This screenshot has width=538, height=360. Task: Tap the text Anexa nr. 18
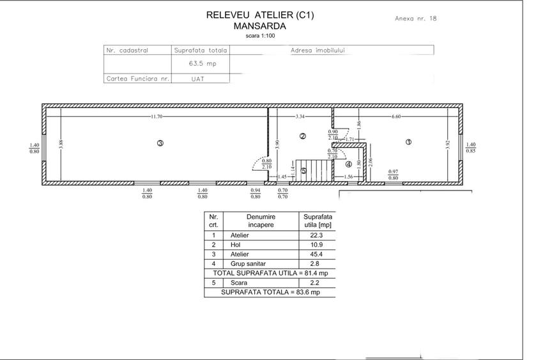click(416, 19)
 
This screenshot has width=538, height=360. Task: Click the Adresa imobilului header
click(318, 50)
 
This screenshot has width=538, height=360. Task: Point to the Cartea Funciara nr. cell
click(138, 79)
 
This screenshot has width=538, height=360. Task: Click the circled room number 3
click(160, 143)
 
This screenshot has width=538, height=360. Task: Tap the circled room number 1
click(409, 142)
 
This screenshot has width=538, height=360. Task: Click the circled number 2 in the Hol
click(303, 136)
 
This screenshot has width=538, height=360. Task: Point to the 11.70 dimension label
click(157, 116)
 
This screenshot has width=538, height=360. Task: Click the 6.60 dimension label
click(396, 116)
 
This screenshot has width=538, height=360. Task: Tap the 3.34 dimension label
click(300, 116)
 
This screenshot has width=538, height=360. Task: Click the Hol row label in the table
click(235, 245)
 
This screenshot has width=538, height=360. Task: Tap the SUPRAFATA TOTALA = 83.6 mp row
click(269, 292)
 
